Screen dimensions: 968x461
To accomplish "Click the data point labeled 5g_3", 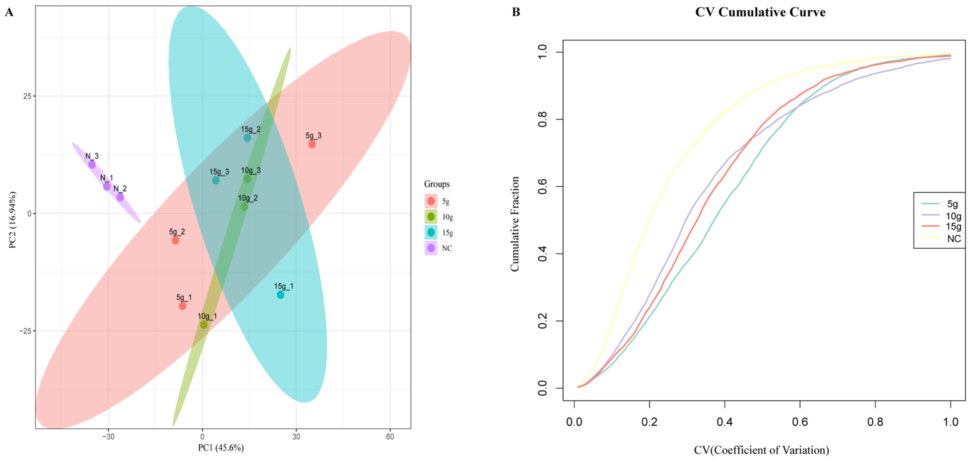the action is (x=312, y=144).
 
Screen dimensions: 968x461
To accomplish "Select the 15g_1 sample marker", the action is (x=280, y=295).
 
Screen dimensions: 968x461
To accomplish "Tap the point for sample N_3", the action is (x=92, y=165).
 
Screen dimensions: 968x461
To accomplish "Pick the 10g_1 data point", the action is (x=204, y=324).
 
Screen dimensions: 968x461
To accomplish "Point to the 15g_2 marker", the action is (x=247, y=138).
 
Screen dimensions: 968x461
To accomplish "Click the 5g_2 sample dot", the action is (x=176, y=240).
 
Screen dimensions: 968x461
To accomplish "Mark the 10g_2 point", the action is (x=244, y=207).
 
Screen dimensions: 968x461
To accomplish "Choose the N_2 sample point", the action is (x=120, y=197).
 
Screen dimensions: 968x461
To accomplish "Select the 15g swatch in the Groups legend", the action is (x=431, y=232).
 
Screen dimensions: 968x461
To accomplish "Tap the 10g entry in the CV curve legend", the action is (x=942, y=216).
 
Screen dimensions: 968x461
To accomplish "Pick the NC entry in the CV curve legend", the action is (x=942, y=238).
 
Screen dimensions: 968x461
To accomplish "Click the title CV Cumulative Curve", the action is (x=760, y=12).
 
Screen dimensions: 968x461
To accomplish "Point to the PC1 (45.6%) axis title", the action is (x=221, y=448).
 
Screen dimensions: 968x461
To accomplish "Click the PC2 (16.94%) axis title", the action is (x=12, y=220).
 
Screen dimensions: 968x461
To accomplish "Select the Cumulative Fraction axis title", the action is (x=514, y=224).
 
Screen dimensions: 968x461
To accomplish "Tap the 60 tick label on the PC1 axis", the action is (x=390, y=436).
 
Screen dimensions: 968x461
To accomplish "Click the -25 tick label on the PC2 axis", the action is (x=25, y=331).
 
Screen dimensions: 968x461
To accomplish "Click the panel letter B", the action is (x=516, y=12).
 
